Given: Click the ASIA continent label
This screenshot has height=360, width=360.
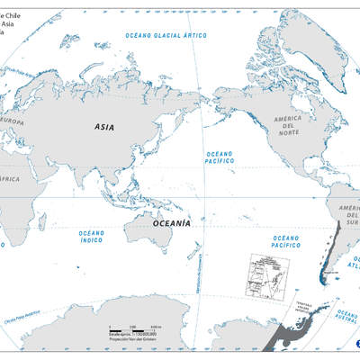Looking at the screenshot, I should coord(104,129).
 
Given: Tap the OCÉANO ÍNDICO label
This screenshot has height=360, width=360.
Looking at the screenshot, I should coord(92,236).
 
